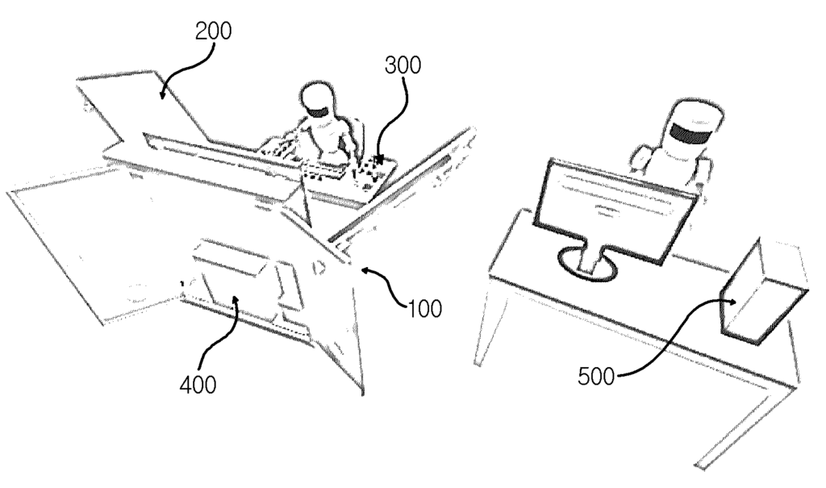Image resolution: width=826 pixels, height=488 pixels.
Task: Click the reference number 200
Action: [213, 31]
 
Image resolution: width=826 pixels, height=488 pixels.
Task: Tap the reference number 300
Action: [403, 65]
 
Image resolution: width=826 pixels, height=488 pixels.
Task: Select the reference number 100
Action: [424, 308]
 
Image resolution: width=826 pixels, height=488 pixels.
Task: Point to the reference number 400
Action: [198, 386]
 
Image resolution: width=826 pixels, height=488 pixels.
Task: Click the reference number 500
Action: [596, 377]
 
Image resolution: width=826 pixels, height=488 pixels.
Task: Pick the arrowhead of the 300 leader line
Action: [379, 159]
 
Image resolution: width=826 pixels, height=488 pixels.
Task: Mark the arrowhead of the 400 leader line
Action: [236, 301]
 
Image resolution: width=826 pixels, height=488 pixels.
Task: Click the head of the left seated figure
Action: [317, 100]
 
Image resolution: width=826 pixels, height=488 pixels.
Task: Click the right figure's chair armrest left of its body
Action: [640, 158]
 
